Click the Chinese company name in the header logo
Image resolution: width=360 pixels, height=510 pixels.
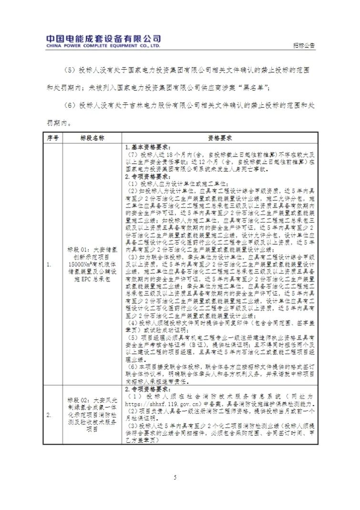tap(103, 39)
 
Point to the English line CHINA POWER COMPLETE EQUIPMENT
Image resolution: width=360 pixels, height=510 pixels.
tap(103, 46)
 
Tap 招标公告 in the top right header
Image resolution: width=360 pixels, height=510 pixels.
tap(304, 46)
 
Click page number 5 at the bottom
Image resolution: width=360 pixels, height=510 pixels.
tap(175, 478)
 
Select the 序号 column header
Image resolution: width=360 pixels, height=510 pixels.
tap(52, 138)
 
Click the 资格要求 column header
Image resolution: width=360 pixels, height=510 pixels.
tap(219, 138)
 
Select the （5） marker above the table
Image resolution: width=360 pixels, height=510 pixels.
tap(70, 70)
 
